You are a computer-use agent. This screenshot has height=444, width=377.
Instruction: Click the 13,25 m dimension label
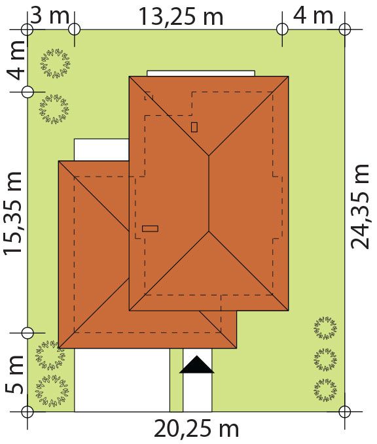point(181,17)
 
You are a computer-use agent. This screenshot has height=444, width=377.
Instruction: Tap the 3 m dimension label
point(50,16)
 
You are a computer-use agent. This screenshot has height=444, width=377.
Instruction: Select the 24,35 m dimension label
point(360,207)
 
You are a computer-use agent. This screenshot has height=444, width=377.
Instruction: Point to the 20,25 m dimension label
point(196,429)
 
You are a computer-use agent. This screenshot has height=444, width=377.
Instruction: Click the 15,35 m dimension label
point(12,213)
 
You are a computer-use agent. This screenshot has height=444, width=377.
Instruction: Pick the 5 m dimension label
point(14,374)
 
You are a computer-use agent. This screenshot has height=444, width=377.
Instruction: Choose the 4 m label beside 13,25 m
point(313,16)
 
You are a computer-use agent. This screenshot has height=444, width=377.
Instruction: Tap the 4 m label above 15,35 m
point(16,60)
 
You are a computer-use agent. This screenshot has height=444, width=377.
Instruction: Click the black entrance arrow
point(197,365)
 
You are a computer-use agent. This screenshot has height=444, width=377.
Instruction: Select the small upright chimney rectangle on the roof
point(194,127)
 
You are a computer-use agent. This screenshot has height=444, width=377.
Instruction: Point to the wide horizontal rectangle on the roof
point(150,228)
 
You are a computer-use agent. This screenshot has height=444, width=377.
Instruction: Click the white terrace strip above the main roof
point(201,73)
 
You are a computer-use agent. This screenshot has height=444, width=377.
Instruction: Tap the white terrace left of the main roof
point(101,150)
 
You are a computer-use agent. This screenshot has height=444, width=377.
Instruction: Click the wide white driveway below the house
point(122,380)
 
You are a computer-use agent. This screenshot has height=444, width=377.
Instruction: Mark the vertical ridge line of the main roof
point(209,194)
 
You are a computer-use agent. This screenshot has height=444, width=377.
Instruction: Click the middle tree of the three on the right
point(325,360)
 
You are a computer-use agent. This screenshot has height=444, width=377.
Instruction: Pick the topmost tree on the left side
point(56,63)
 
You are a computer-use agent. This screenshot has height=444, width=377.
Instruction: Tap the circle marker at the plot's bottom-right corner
point(345,411)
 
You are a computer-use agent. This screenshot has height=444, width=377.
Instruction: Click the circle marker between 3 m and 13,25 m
point(75,29)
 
